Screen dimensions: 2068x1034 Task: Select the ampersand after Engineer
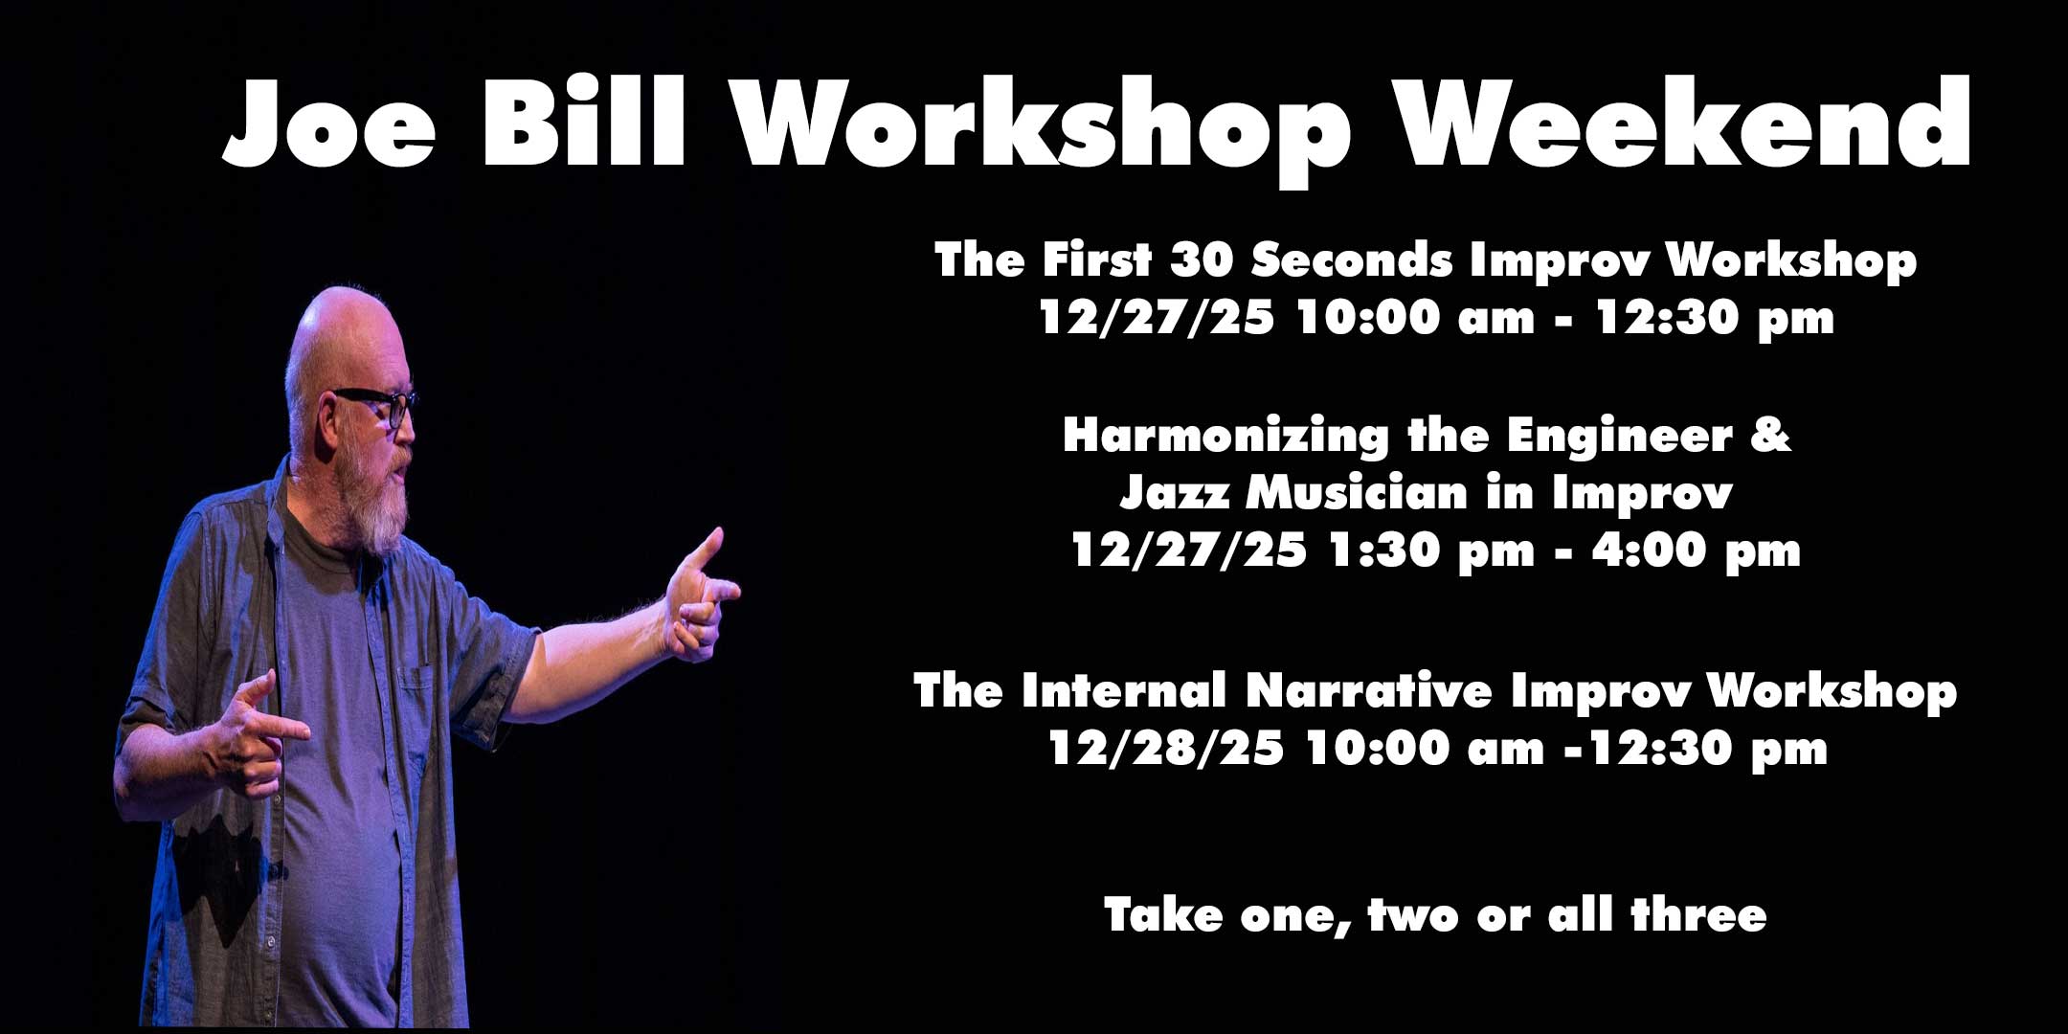click(1774, 437)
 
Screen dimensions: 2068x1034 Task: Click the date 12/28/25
click(1166, 749)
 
